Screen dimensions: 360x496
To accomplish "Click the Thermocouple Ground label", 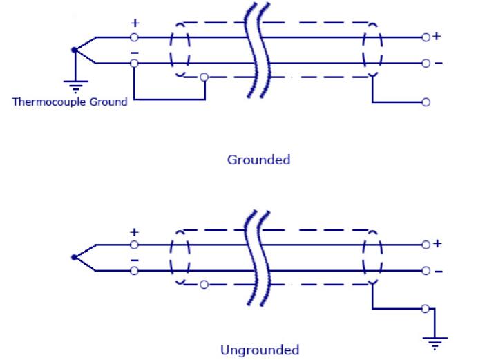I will (70, 102).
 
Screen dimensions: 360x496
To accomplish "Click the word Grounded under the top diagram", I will (258, 160).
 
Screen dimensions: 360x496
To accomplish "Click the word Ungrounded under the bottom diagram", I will (259, 350).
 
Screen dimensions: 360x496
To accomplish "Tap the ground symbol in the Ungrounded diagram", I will (435, 341).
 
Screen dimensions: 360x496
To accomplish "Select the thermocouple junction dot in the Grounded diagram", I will (73, 50).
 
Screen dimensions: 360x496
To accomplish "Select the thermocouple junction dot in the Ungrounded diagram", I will (73, 257).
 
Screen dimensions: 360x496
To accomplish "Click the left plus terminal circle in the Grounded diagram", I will (134, 37).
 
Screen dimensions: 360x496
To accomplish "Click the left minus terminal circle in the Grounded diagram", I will (134, 64).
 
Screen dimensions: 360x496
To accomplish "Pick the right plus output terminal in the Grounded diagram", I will (426, 37).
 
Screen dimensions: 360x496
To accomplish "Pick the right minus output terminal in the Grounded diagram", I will (426, 64).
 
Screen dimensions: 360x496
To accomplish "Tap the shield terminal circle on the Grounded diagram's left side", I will (203, 76).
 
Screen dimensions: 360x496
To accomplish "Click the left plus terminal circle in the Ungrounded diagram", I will (134, 244).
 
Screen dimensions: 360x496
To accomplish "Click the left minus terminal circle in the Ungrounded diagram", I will (134, 270).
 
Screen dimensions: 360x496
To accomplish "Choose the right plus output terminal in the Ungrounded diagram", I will (426, 244).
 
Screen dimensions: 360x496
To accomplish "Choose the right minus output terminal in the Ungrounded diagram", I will (426, 270).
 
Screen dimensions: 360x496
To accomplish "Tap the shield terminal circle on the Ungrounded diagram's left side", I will (203, 283).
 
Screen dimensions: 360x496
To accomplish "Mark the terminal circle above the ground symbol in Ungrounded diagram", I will (426, 308).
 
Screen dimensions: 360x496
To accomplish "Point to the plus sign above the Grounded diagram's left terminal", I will (134, 23).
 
